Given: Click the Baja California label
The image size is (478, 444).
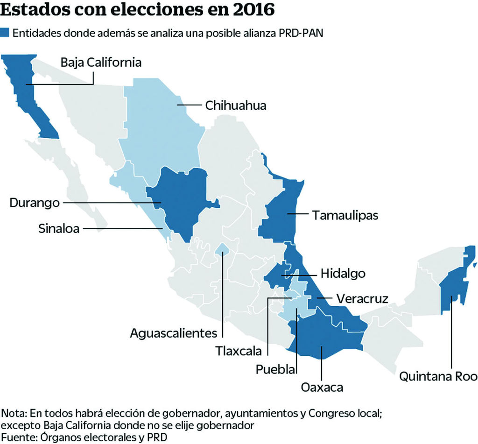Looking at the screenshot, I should click(x=101, y=63).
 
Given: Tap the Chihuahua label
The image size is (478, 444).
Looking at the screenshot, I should click(x=236, y=106).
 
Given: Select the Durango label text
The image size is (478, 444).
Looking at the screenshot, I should click(x=35, y=203).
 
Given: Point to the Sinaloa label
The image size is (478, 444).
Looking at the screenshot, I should click(x=59, y=228).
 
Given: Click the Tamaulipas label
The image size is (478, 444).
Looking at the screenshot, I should click(x=345, y=215).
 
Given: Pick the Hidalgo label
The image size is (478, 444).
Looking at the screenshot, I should click(x=343, y=274).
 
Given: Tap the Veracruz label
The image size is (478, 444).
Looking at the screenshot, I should click(x=362, y=298).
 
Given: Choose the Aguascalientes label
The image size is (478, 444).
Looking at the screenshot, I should click(x=174, y=333).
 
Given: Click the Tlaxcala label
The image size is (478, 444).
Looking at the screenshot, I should click(x=238, y=351).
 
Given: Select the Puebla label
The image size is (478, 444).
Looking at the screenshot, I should click(x=275, y=369).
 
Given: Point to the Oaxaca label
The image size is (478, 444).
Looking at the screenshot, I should click(x=322, y=387).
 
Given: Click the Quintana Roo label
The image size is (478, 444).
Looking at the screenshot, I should click(x=438, y=376).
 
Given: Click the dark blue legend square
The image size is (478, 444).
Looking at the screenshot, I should click(x=6, y=33).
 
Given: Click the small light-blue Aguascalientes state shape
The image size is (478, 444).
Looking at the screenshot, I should click(x=223, y=250).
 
